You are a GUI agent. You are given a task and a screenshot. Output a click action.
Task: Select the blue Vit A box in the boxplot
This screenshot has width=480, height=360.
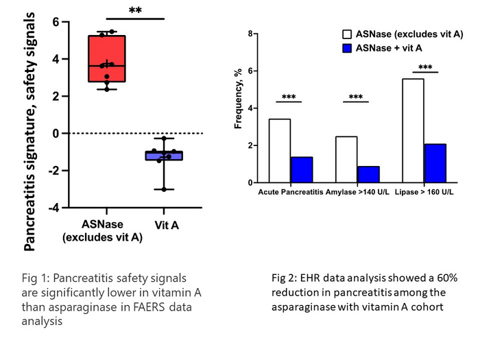tap(164, 156)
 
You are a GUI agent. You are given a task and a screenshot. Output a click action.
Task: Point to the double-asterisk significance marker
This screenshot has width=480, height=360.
tap(135, 11)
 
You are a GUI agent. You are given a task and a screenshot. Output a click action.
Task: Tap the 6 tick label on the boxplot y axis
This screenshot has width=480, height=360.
tap(56, 22)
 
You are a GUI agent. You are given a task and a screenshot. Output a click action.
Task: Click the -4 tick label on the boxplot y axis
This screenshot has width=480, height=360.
tap(54, 208)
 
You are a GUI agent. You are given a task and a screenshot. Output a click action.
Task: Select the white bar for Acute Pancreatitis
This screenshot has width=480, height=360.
tap(280, 151)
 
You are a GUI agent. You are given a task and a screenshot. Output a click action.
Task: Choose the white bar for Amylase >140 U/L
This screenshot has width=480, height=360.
tap(346, 160)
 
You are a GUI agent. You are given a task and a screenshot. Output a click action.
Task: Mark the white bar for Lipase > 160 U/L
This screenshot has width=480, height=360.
tap(413, 131)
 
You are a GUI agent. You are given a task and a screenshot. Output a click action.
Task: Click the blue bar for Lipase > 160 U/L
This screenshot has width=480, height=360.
tap(435, 163)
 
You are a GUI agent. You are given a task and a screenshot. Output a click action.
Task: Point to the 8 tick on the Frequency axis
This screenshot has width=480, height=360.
tap(252, 34)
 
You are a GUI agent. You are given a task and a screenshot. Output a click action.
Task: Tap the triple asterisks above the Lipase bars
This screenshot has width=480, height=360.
tap(424, 67)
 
